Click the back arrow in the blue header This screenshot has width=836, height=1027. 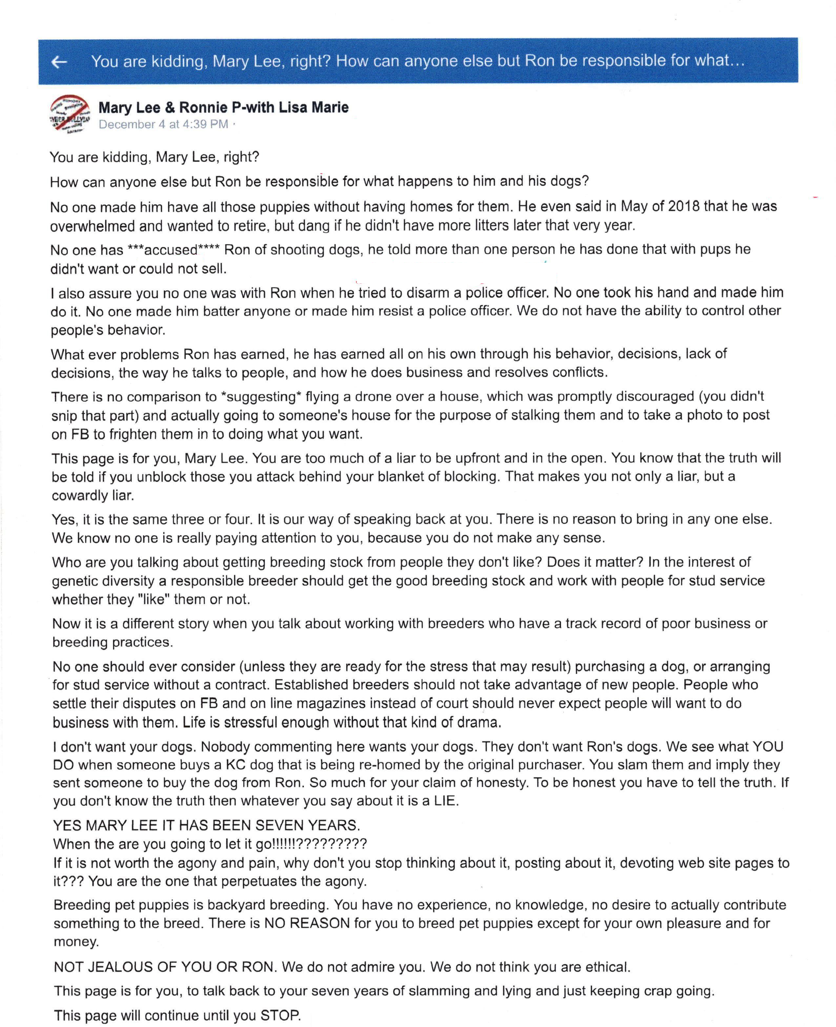pyautogui.click(x=59, y=62)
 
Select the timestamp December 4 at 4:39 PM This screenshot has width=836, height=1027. pyautogui.click(x=163, y=125)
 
